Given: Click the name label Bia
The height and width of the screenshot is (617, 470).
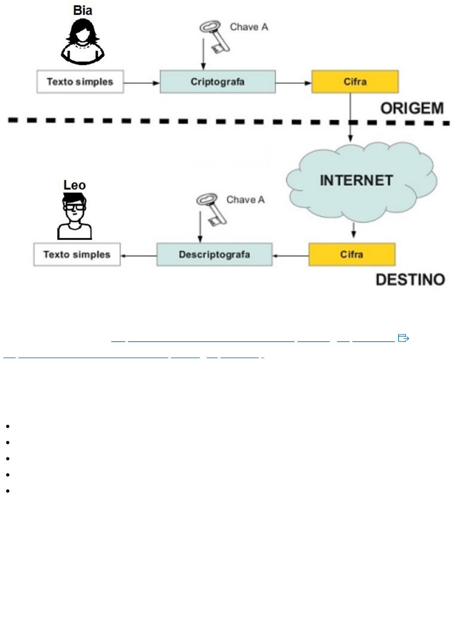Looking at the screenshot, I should point(82,10).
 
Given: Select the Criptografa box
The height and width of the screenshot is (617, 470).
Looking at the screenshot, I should point(218,82).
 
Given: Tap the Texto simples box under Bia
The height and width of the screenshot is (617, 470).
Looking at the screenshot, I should point(80,82).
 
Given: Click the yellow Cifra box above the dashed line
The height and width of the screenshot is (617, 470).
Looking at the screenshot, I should point(355,82).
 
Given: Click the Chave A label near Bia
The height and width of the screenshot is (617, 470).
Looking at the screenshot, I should point(249,27).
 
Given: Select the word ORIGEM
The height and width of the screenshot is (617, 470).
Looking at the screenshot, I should point(412,108).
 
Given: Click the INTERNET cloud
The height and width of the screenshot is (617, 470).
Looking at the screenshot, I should point(357,181).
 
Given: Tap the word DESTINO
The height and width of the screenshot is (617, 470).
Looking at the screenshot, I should point(410,280).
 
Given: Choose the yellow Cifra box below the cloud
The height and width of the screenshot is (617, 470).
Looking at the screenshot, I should point(352,254).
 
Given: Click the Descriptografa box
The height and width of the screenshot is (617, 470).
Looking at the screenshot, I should point(214,254).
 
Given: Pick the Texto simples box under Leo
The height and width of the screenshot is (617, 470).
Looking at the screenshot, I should point(77,254).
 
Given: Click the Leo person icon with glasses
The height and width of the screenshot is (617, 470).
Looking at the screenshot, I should point(74,216).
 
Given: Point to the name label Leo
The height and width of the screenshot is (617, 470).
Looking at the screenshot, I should point(74,185).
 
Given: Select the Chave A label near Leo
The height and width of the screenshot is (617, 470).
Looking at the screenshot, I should point(245,200).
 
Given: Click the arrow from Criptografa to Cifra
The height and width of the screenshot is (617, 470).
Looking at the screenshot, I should point(293,83).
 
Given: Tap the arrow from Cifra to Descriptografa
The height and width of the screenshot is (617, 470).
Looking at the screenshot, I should point(290,256).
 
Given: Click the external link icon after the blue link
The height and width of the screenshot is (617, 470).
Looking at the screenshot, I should point(403,338).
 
